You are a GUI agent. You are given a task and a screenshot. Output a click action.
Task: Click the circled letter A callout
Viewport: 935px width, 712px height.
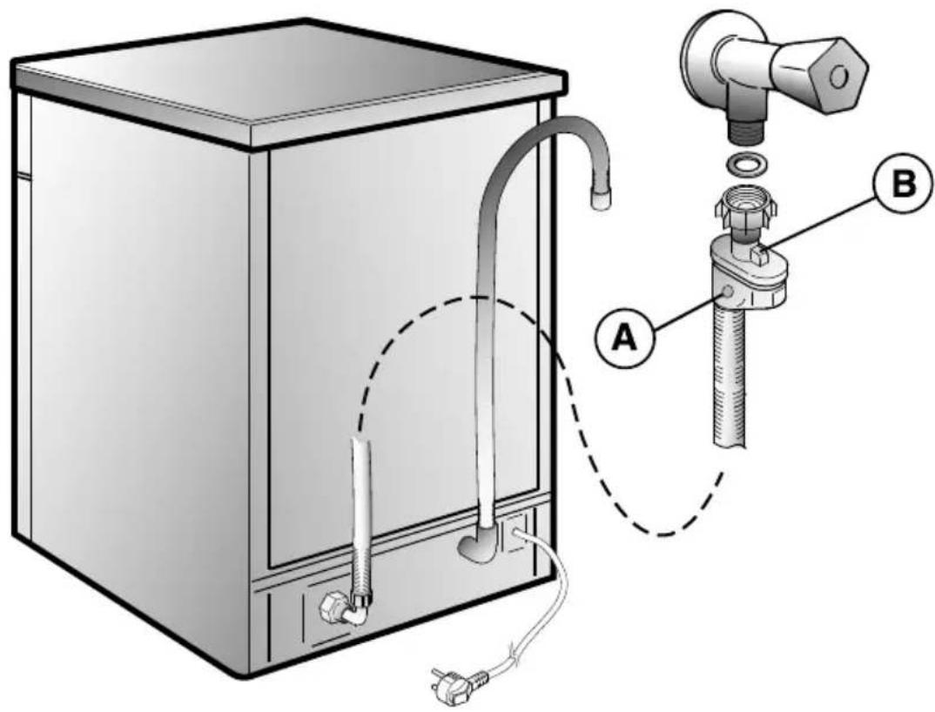tap(625, 339)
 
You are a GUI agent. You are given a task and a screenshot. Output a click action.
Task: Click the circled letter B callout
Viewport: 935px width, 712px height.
tap(904, 185)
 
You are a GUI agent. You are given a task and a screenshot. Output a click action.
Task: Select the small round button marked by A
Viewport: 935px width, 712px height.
tap(727, 292)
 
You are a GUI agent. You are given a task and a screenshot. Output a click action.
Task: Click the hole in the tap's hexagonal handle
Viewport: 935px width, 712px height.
tap(839, 77)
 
